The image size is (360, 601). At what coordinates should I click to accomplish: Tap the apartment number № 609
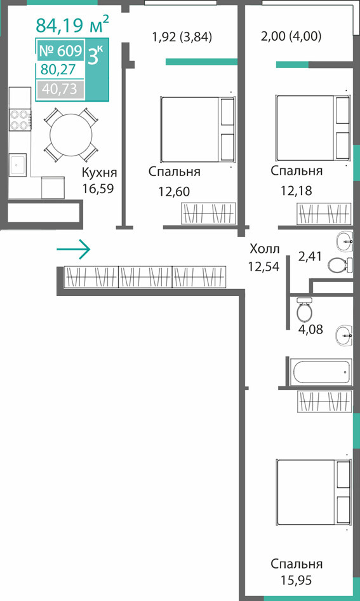pyautogui.click(x=60, y=50)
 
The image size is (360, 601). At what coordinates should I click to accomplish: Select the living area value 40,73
pyautogui.click(x=60, y=90)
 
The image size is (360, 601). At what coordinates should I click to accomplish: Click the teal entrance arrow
pyautogui.click(x=73, y=250)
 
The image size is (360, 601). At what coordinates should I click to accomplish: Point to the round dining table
pyautogui.click(x=71, y=134)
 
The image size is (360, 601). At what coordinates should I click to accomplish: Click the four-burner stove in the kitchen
pyautogui.click(x=20, y=119)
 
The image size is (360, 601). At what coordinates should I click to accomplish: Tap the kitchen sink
pyautogui.click(x=18, y=165)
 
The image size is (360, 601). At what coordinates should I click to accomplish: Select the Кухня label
pyautogui.click(x=99, y=173)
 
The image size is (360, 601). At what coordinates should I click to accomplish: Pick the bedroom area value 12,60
pyautogui.click(x=174, y=191)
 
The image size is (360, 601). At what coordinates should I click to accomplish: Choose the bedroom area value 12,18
pyautogui.click(x=296, y=190)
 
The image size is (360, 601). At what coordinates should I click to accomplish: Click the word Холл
pyautogui.click(x=264, y=249)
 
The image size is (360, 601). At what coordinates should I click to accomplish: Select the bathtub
pyautogui.click(x=321, y=372)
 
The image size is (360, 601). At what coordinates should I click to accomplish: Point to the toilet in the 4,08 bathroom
pyautogui.click(x=305, y=309)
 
